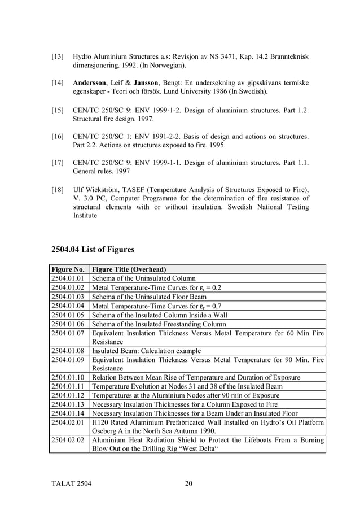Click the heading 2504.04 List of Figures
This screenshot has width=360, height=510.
click(x=93, y=249)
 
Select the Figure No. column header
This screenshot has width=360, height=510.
click(x=68, y=269)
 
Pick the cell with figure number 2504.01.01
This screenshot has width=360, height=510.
click(x=68, y=278)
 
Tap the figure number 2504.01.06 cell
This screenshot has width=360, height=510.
click(x=68, y=324)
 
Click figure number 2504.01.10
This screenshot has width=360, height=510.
click(x=68, y=377)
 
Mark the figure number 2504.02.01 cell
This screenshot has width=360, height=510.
click(x=68, y=422)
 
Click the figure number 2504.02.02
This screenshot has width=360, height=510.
click(x=68, y=440)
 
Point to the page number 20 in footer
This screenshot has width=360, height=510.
click(x=188, y=483)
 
